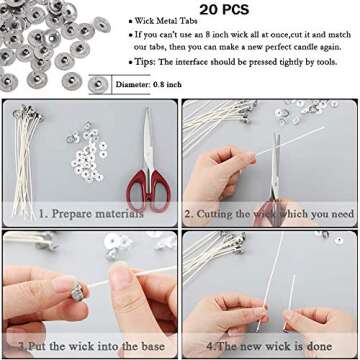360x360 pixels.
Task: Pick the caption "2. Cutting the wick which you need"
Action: [x=269, y=213]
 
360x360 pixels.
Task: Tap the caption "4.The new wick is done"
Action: [x=268, y=345]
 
